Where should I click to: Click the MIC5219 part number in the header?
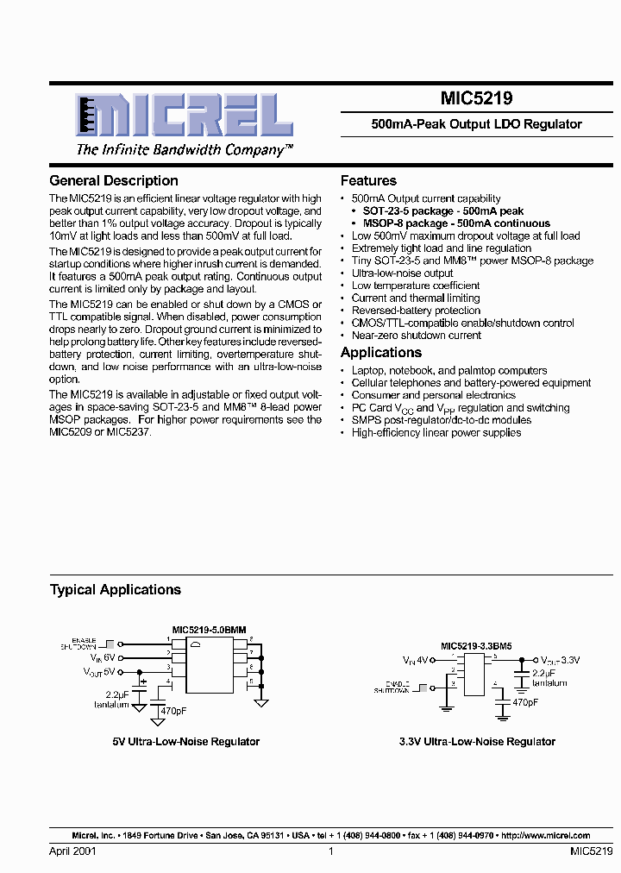[476, 100]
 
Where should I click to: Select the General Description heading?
[114, 181]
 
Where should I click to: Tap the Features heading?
[368, 181]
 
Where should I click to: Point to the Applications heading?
[381, 353]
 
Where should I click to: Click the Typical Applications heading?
[116, 590]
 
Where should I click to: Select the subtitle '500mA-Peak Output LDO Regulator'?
[476, 124]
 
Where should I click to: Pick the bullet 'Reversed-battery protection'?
[416, 311]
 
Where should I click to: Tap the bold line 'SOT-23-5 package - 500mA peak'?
[442, 210]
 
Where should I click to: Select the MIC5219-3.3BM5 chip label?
[476, 646]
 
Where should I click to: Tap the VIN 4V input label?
[414, 660]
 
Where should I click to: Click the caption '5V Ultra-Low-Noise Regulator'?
[186, 742]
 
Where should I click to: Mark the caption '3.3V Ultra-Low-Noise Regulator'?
[477, 742]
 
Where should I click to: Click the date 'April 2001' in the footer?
[73, 851]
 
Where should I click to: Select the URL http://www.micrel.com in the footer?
[545, 836]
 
